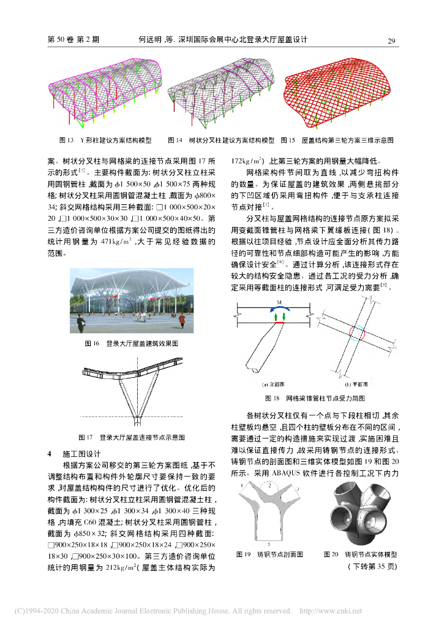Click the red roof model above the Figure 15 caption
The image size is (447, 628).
pos(339,90)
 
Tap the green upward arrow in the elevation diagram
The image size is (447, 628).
pos(276,317)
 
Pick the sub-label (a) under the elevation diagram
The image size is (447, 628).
pos(270,385)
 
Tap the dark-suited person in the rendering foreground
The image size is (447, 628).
pos(181,320)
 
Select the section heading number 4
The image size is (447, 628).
pos(50,454)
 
